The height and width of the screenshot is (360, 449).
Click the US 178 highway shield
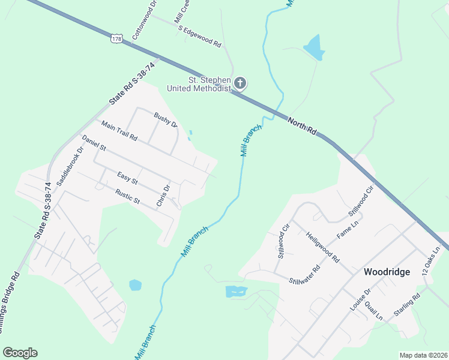pyautogui.click(x=116, y=38)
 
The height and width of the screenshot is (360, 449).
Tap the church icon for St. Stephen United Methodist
pyautogui.click(x=240, y=83)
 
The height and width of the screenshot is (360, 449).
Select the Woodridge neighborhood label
pyautogui.click(x=387, y=272)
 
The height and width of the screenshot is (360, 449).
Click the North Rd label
pyautogui.click(x=302, y=126)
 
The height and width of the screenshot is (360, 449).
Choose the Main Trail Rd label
pyautogui.click(x=119, y=131)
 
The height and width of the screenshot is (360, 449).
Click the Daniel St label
pyautogui.click(x=94, y=143)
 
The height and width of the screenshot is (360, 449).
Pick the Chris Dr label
pyautogui.click(x=163, y=196)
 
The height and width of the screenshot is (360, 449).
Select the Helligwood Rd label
pyautogui.click(x=323, y=248)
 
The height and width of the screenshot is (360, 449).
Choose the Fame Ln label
pyautogui.click(x=347, y=229)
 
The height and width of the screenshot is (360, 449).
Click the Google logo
pyautogui.click(x=20, y=353)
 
